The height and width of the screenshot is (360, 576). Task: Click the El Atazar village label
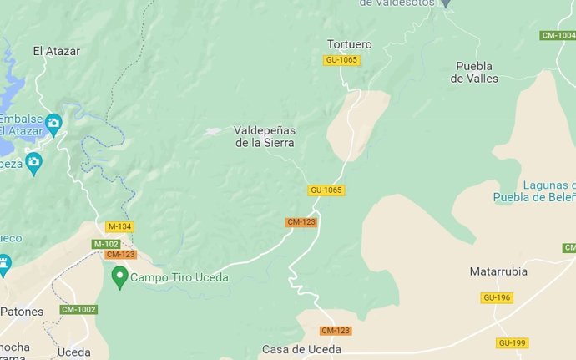click(56, 51)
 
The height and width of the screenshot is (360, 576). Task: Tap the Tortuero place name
click(349, 43)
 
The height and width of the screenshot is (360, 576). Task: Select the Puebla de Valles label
click(474, 72)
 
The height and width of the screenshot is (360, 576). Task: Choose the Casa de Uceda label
click(301, 349)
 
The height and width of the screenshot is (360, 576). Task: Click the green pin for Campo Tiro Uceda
click(119, 276)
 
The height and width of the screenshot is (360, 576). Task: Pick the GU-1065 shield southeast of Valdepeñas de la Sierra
click(326, 190)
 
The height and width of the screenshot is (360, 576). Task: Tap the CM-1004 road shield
click(558, 35)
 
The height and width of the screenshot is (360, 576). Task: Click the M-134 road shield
click(119, 226)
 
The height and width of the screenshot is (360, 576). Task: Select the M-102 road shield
click(106, 244)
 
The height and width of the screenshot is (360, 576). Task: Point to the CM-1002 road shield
click(78, 310)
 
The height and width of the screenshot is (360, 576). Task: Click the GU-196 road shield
click(497, 297)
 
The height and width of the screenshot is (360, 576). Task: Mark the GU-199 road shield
click(512, 342)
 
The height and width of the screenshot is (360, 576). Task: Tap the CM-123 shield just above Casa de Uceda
click(336, 331)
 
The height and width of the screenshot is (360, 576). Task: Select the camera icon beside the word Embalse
click(53, 124)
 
